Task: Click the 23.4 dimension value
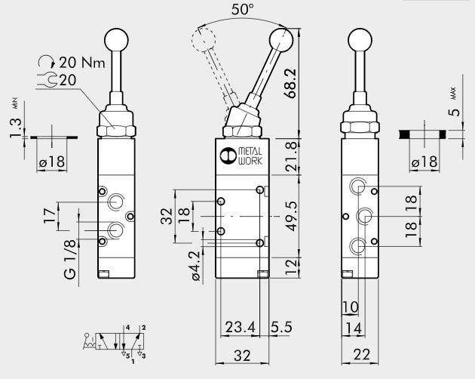239,328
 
